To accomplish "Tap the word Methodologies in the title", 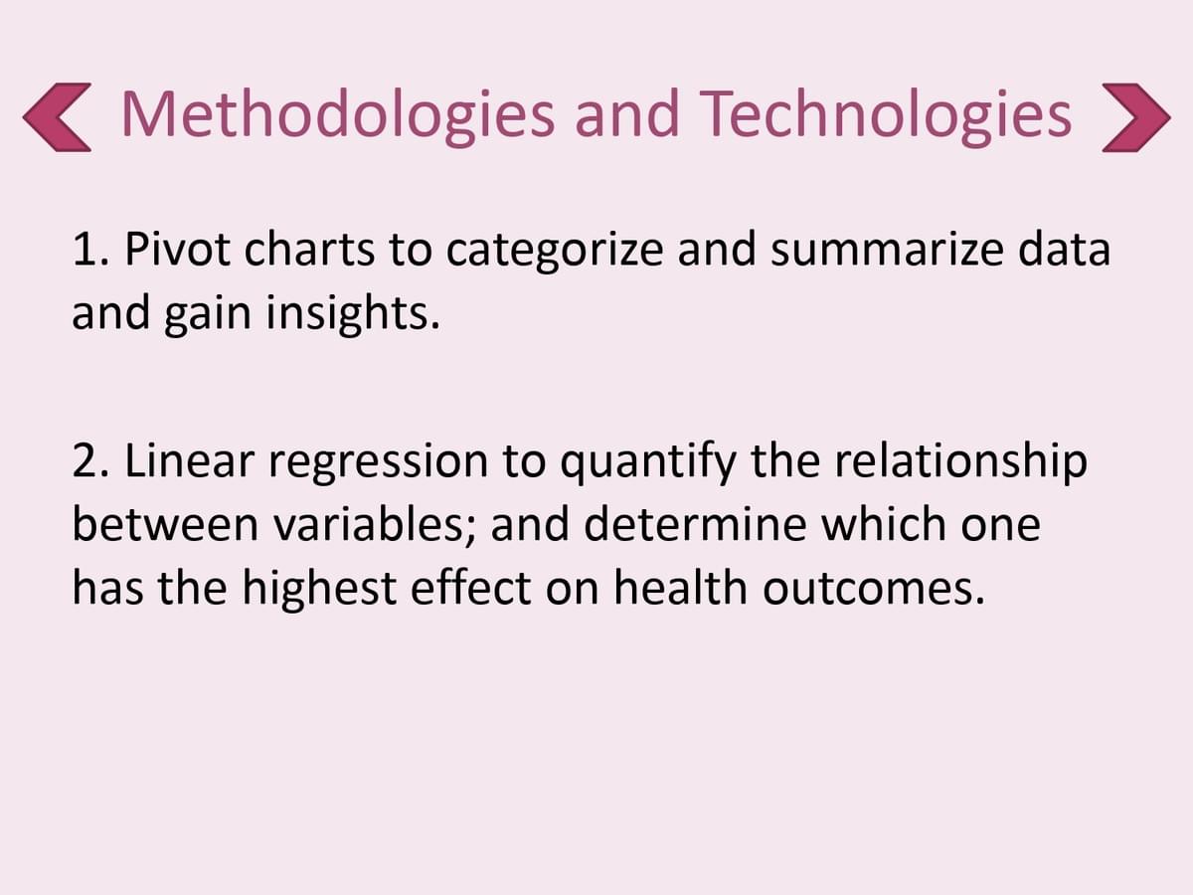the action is [x=337, y=115].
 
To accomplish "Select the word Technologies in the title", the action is [x=886, y=115].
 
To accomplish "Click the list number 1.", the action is [x=90, y=250].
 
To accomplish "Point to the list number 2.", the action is [x=90, y=460].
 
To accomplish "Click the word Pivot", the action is [x=178, y=249].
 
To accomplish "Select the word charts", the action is [x=309, y=249].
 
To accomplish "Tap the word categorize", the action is [x=555, y=254].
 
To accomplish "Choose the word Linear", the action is [x=190, y=460].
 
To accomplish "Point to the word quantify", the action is [x=647, y=464].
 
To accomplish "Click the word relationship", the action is [x=960, y=464].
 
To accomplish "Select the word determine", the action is [x=695, y=524].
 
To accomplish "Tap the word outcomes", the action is [x=874, y=590].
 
